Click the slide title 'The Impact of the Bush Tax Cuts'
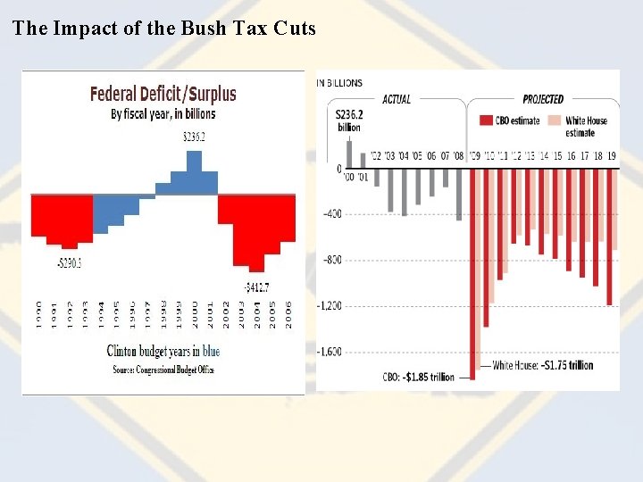coord(164,28)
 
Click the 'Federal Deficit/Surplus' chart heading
coord(163,94)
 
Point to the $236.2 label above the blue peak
coord(194,137)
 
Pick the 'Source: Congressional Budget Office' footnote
coord(163,369)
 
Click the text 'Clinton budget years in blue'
coord(163,352)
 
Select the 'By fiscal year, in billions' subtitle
coord(163,114)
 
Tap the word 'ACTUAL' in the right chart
coord(397,99)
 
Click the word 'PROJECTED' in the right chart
coord(543,99)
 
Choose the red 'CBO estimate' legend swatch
coord(486,120)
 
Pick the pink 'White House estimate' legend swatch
coord(554,120)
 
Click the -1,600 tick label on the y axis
coord(330,352)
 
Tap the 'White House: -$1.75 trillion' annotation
coord(542,365)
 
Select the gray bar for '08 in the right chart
coord(459,195)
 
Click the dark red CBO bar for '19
coord(609,237)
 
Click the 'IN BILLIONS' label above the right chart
coord(339,83)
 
